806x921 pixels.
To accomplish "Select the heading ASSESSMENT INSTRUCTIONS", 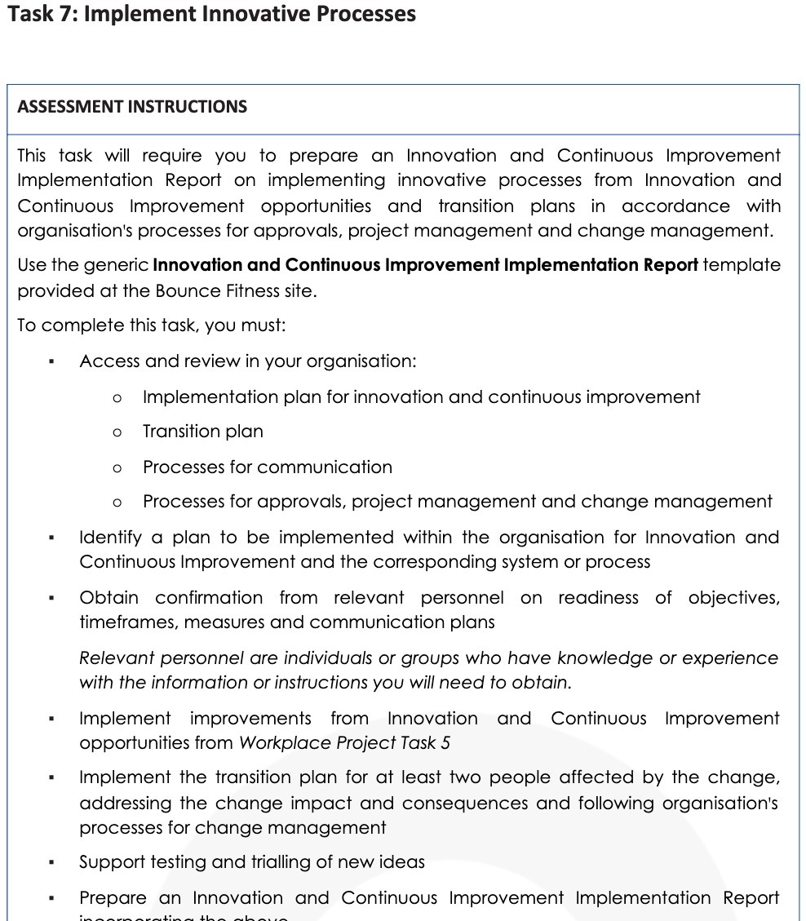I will click(132, 107).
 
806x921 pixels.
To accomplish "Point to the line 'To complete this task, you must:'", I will click(152, 325).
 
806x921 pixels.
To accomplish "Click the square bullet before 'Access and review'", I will click(51, 362).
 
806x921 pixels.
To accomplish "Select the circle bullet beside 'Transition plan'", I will click(117, 432).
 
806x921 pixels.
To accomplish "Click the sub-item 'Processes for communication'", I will click(267, 467).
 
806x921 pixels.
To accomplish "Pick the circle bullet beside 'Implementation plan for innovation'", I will click(117, 398).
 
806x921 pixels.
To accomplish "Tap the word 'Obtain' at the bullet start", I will click(108, 598).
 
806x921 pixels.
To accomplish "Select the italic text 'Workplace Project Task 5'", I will click(343, 743).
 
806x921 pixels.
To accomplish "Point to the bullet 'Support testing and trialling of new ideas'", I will click(251, 862).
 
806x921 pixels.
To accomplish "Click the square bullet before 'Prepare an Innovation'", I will click(51, 899).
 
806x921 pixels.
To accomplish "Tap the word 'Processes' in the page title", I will click(359, 14).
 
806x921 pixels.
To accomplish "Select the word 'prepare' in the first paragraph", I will click(323, 156).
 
